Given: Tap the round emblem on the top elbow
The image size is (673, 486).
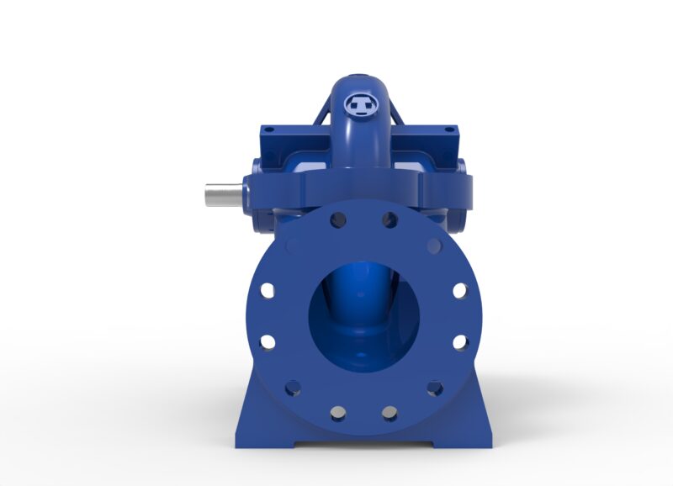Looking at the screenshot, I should (x=362, y=104).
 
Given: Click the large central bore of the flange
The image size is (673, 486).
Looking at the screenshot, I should (x=363, y=314).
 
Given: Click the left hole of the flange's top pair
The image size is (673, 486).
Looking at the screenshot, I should (x=337, y=220).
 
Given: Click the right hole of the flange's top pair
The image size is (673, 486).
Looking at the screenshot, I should (x=389, y=220).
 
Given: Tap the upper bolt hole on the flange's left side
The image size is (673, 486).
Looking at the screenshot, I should (x=267, y=290).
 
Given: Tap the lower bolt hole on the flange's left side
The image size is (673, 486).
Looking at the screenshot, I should (x=267, y=341).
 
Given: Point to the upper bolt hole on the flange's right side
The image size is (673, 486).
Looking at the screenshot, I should (x=459, y=290).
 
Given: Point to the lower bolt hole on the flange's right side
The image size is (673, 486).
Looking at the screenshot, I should (x=459, y=341).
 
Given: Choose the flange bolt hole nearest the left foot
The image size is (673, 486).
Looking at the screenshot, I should (x=292, y=388).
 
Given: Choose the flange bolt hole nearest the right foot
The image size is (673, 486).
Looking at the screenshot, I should (x=434, y=388).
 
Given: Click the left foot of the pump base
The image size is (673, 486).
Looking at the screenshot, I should (x=261, y=429).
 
